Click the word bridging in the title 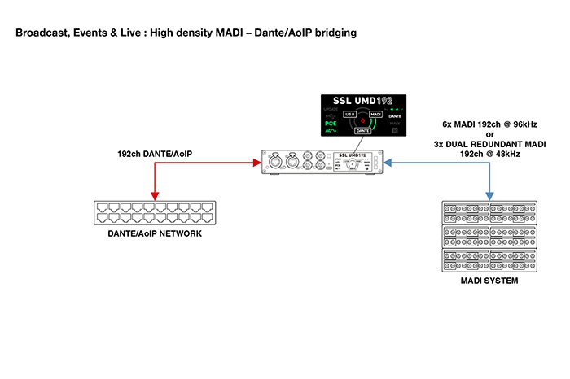[x=332, y=33]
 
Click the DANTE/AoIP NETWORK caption [x=154, y=233]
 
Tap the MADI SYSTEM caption [x=488, y=281]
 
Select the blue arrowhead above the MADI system [x=489, y=196]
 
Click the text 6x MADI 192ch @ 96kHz [x=489, y=126]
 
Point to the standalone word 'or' [x=489, y=135]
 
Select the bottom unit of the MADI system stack [x=489, y=260]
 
